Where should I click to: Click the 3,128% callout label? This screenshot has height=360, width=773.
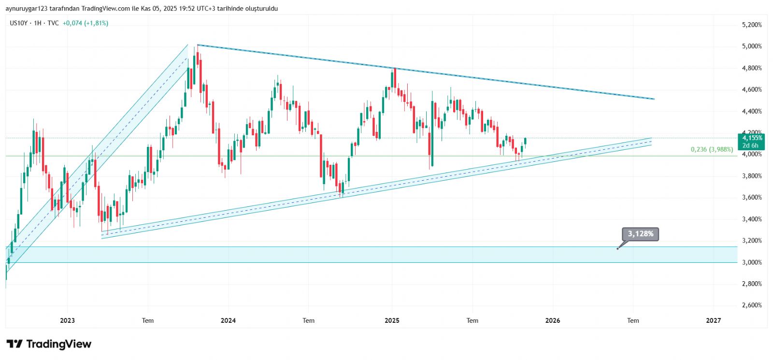point(640,234)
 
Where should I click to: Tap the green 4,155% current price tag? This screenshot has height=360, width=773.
point(752,138)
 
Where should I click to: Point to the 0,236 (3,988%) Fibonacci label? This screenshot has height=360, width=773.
point(712,149)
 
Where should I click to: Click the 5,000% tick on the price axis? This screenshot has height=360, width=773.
point(752,46)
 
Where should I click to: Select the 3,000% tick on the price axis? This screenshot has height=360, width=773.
point(752,262)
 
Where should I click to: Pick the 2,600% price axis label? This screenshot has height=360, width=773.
point(752,305)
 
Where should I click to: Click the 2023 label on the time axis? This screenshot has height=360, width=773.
point(67,320)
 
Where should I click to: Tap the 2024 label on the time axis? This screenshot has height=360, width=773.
point(228,320)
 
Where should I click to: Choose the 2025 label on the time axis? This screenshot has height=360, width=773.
point(392,320)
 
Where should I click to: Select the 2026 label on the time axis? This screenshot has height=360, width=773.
point(553,320)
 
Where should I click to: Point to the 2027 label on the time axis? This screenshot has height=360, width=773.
point(713,320)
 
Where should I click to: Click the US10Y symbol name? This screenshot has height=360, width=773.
point(19,23)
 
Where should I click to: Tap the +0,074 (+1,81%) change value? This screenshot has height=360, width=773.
point(86,23)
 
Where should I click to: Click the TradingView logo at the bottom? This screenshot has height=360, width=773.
point(49,344)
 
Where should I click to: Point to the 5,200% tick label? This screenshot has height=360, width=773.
point(752,25)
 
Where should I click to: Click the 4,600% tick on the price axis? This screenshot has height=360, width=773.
point(752,89)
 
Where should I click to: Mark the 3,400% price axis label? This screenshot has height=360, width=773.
point(752,219)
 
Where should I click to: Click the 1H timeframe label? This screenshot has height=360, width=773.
point(38,23)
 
